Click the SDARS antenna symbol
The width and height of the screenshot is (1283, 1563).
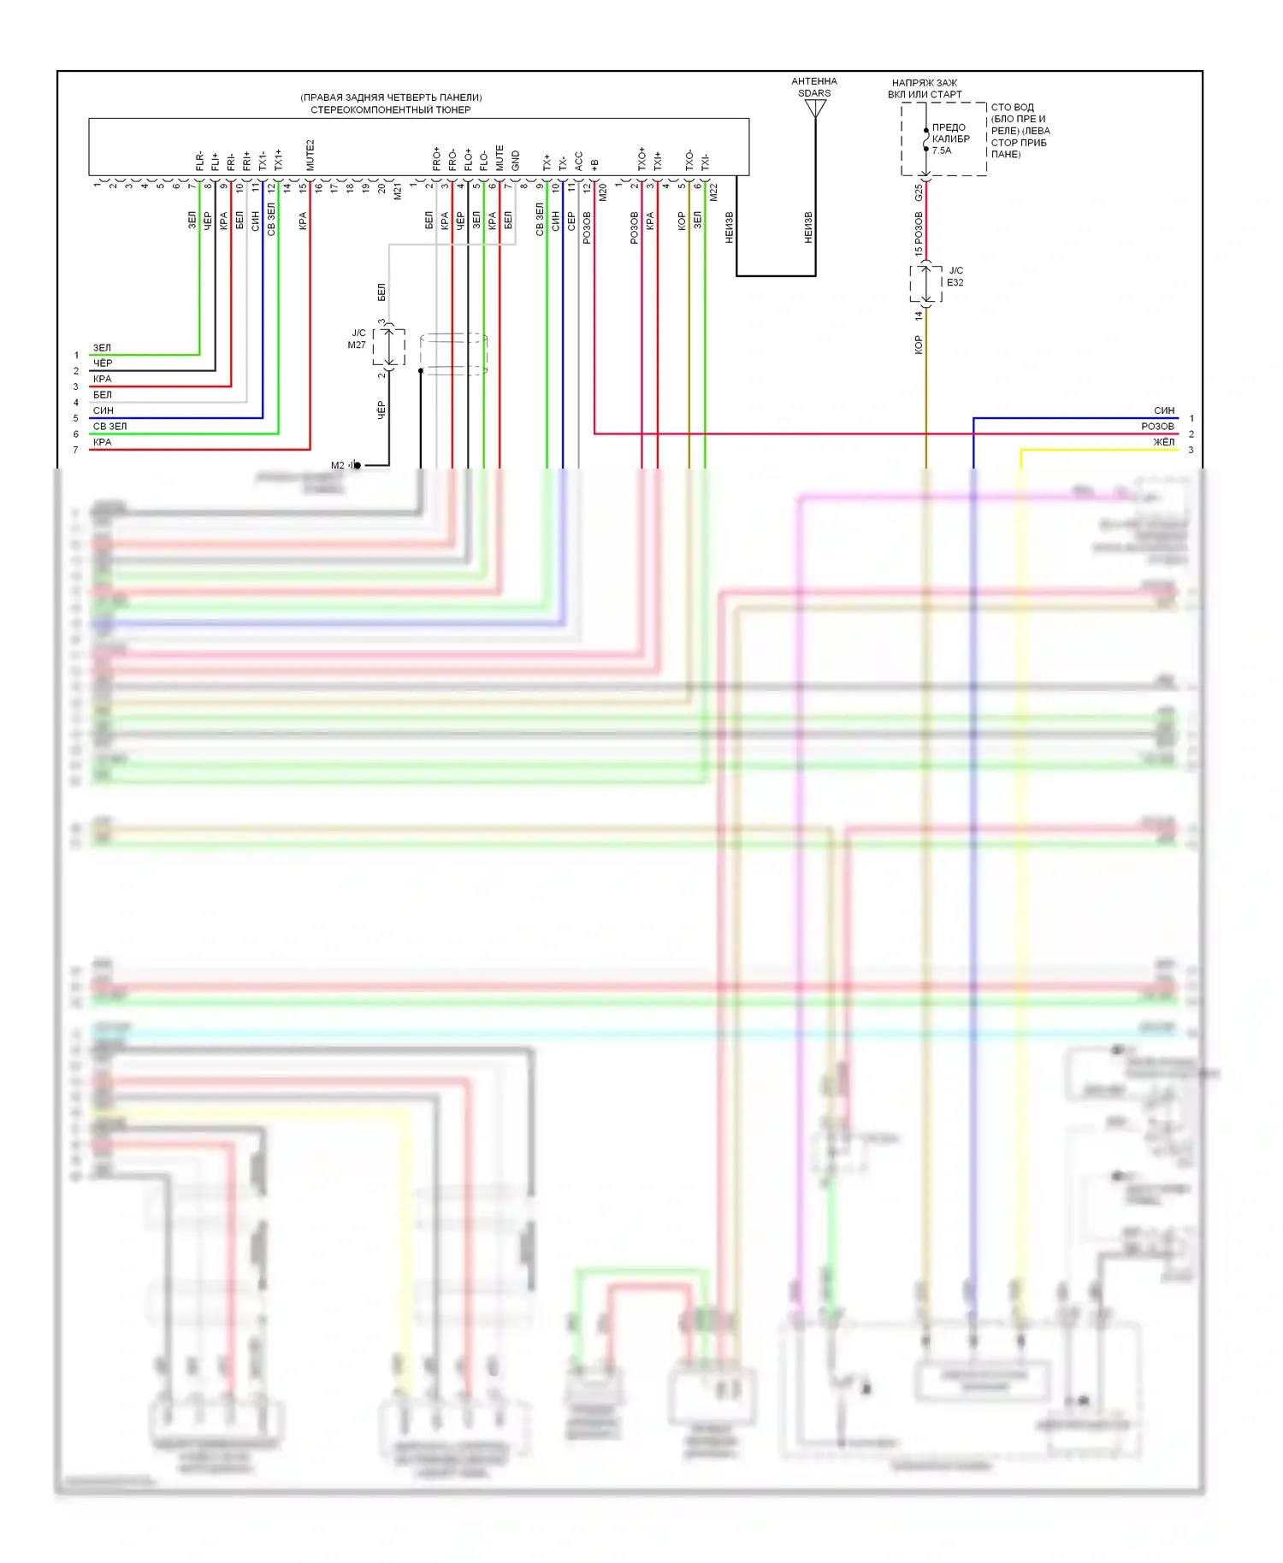click(815, 109)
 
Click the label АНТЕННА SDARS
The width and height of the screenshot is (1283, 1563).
click(814, 87)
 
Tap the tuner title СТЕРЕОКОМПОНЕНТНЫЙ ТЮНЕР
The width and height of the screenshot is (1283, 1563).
click(390, 109)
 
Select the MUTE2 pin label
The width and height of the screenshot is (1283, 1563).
click(310, 155)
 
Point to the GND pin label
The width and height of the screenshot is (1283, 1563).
click(515, 160)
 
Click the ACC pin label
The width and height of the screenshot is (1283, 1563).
click(578, 161)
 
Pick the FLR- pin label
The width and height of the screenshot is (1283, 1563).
click(199, 161)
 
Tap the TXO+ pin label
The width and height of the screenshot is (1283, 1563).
click(641, 159)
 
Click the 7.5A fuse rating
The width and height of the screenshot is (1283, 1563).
click(941, 150)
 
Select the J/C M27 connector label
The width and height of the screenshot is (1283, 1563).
click(358, 339)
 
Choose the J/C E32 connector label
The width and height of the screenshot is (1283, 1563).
click(955, 276)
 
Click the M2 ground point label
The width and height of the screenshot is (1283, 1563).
click(338, 465)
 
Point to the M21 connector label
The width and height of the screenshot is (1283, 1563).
click(398, 192)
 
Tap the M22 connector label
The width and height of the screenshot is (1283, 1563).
click(713, 192)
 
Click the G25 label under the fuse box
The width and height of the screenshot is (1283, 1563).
click(919, 192)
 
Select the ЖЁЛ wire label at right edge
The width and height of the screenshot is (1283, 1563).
click(1163, 442)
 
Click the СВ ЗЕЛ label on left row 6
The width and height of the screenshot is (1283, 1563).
click(109, 426)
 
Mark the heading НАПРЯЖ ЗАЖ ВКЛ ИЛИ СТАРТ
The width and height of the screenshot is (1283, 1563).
click(925, 89)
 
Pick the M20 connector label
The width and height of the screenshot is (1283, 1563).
click(602, 192)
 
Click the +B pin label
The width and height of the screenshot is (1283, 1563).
click(594, 163)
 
